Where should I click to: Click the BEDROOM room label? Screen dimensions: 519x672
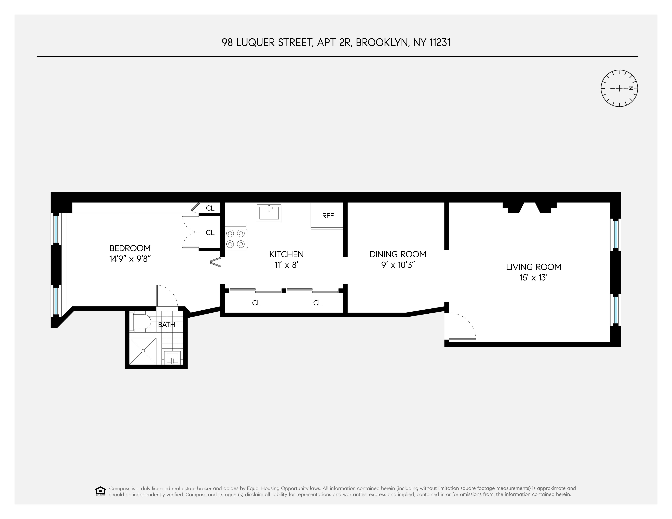[130, 248]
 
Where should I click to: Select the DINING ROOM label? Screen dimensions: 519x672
[398, 254]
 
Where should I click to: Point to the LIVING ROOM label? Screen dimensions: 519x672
[534, 267]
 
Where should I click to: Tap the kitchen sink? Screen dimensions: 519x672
[269, 213]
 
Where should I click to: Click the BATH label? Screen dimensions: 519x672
[166, 325]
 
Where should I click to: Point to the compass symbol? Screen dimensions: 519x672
[619, 88]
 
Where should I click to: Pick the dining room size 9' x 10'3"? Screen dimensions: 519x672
[398, 265]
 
